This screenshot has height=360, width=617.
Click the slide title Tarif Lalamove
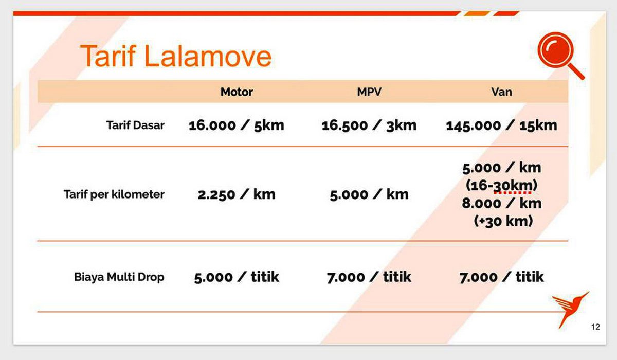[176, 56]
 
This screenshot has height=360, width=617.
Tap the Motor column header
[237, 92]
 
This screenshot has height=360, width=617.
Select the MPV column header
[369, 92]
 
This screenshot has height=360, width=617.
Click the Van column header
[502, 92]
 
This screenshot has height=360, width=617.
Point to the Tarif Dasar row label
[135, 125]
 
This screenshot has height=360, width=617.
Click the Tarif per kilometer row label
[114, 194]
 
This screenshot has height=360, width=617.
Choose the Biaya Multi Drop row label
[119, 277]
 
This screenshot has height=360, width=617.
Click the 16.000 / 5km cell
[237, 125]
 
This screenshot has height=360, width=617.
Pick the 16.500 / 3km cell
[369, 125]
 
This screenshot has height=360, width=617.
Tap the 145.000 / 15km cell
[502, 125]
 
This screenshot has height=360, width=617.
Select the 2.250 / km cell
[237, 194]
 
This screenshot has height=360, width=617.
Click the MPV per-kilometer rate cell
[369, 194]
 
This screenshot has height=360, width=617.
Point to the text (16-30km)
[502, 185]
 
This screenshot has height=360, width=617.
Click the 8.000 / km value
[502, 204]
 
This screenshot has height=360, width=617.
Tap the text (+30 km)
[503, 221]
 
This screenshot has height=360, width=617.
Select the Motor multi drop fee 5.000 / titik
[237, 277]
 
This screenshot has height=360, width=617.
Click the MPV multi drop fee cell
[369, 277]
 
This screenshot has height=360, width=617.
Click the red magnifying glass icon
[560, 55]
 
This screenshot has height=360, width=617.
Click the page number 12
[595, 327]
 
